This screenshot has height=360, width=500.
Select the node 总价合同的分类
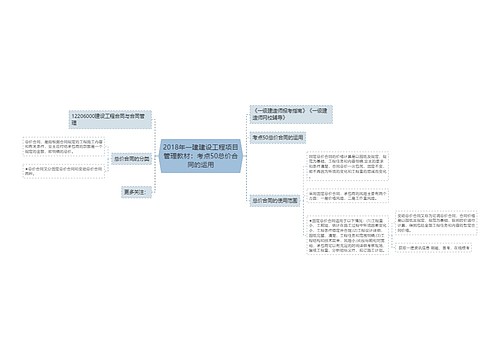tap(131, 157)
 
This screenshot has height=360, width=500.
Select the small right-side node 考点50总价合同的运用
tap(277, 136)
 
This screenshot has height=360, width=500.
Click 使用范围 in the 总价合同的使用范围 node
tap(290, 200)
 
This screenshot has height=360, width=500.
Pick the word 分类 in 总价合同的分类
tap(144, 157)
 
